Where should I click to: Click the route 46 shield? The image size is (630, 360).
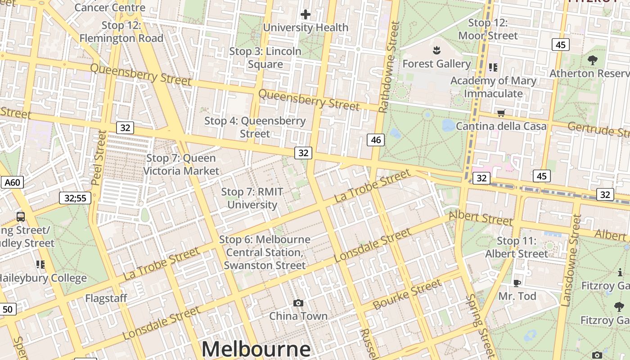[376, 140]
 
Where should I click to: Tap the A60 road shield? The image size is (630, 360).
[12, 182]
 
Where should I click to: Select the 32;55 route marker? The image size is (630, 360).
[75, 198]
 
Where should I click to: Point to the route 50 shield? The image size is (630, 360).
[8, 309]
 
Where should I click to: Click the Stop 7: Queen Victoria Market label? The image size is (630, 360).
[181, 164]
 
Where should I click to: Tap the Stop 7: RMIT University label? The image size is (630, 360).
[252, 198]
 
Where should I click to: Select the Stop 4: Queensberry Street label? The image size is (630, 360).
[255, 127]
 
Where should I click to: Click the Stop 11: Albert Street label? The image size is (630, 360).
[517, 247]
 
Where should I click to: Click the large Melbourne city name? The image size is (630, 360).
[256, 349]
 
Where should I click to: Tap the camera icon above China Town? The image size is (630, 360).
[298, 303]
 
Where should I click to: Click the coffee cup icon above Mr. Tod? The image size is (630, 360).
[517, 283]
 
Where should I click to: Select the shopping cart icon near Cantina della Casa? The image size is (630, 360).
[501, 113]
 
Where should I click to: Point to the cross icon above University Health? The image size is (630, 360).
[306, 14]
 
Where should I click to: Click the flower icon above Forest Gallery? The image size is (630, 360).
[436, 49]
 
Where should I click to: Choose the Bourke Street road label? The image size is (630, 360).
[407, 294]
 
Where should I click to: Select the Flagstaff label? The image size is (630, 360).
[106, 298]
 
